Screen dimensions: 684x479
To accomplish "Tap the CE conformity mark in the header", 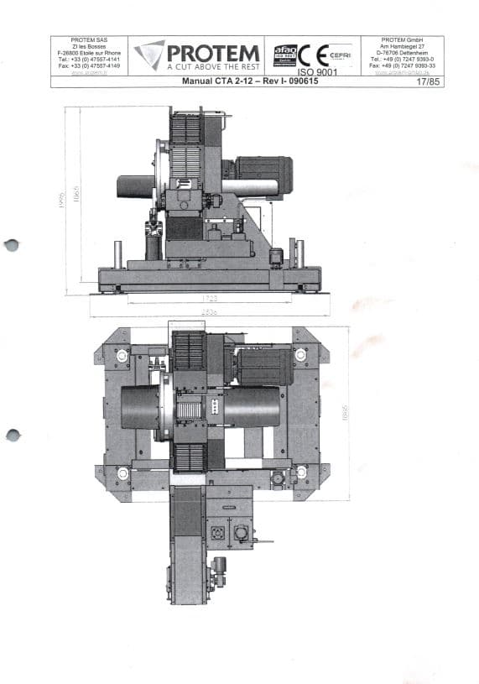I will click(x=307, y=55).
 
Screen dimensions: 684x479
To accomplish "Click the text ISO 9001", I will click(x=312, y=71).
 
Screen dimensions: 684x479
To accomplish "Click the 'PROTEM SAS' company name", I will click(x=89, y=39).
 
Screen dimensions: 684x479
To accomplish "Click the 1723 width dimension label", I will click(x=211, y=297).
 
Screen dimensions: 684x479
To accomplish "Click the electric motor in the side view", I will click(x=263, y=174).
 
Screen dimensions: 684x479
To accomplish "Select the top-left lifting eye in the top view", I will click(x=122, y=356).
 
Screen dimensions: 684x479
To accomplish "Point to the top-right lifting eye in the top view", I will click(x=300, y=356).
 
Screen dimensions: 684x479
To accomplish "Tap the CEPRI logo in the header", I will click(x=339, y=55).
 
